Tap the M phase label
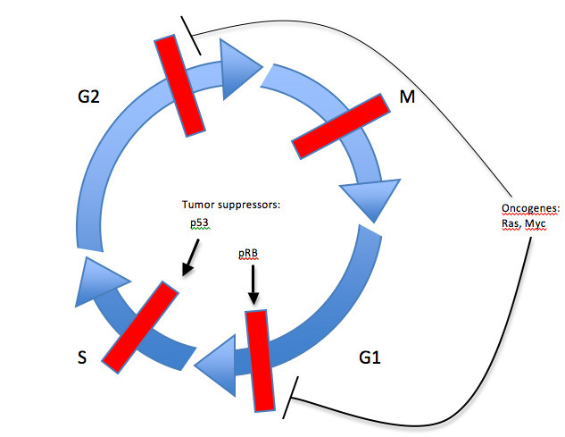pyautogui.click(x=407, y=97)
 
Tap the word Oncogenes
pyautogui.click(x=530, y=209)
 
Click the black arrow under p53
pyautogui.click(x=189, y=258)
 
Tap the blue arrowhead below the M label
pyautogui.click(x=363, y=198)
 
